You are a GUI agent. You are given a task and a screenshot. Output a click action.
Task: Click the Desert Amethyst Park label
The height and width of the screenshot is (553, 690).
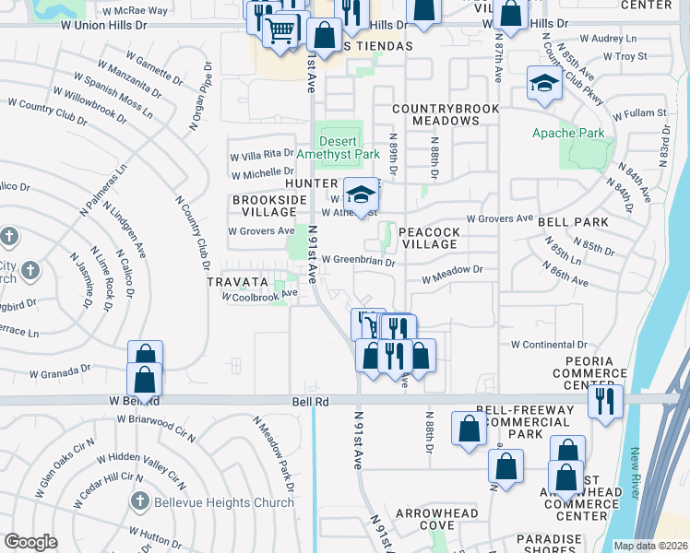click(337, 147)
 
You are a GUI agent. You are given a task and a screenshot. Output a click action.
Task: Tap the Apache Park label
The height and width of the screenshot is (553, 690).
click(568, 134)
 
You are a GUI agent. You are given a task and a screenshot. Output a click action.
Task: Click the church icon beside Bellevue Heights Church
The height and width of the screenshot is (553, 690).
click(139, 502)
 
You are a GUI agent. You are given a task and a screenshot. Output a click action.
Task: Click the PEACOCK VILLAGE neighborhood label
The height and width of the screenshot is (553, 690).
click(430, 237)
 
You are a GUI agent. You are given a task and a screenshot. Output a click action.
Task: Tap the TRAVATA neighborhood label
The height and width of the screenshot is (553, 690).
click(237, 281)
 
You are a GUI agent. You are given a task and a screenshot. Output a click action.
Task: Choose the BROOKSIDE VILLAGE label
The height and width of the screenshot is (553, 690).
click(263, 206)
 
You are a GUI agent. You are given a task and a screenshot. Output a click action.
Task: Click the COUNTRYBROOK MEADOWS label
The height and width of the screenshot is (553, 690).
click(446, 115)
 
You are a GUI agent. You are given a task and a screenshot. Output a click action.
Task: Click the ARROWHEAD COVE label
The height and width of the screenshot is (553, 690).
click(437, 519)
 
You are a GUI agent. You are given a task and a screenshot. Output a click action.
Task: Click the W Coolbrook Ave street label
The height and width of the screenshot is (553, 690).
click(259, 296)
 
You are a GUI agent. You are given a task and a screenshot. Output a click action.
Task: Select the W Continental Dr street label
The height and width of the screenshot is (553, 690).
click(548, 344)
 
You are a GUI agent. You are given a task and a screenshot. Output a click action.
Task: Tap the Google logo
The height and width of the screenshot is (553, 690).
click(30, 542)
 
